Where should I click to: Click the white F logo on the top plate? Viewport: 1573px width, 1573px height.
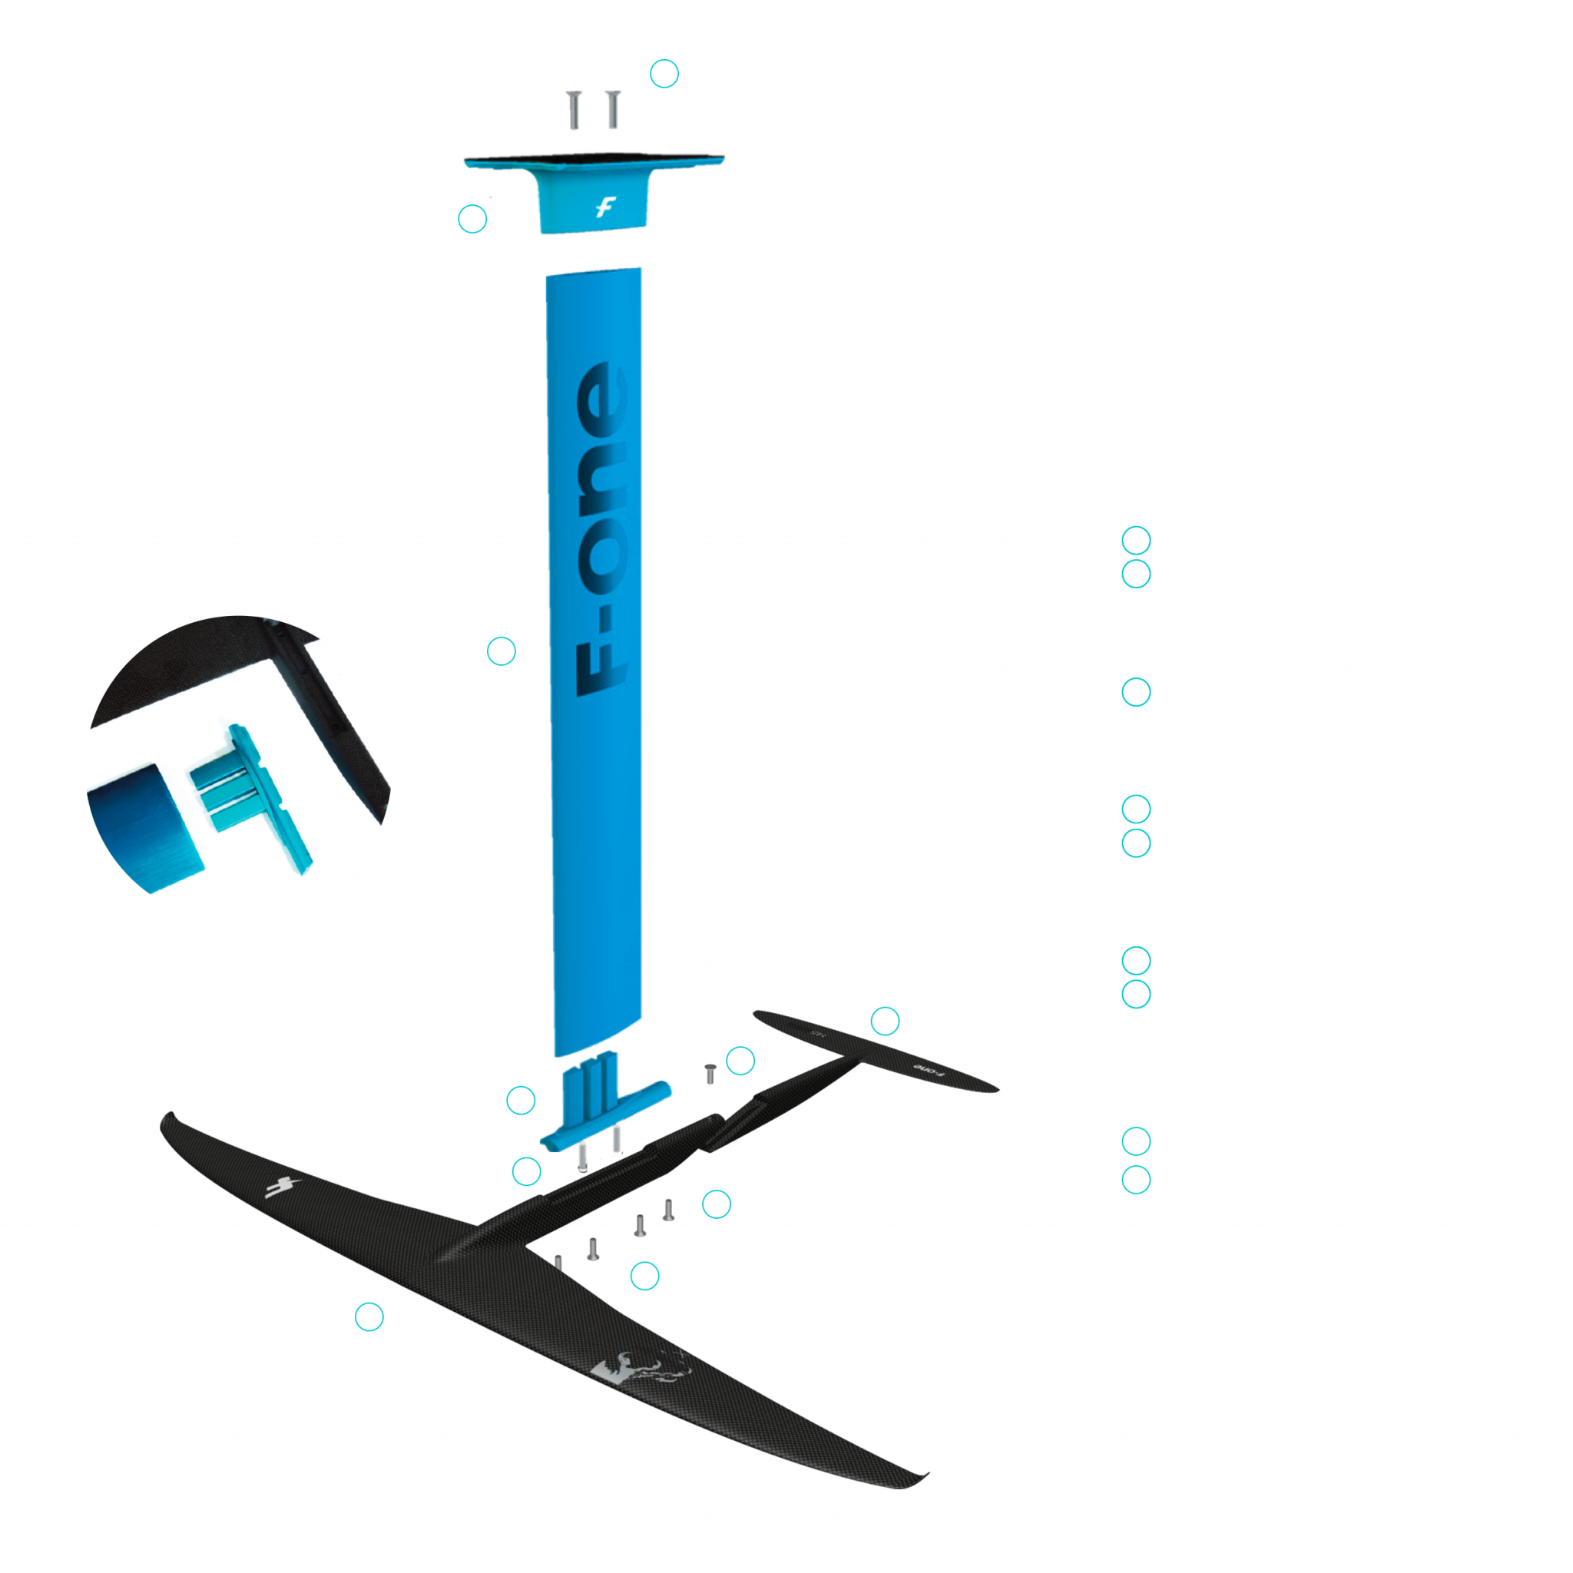coord(604,207)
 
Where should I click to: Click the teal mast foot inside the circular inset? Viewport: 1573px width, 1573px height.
coord(253,798)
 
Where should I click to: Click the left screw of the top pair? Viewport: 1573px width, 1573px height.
coord(574,110)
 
